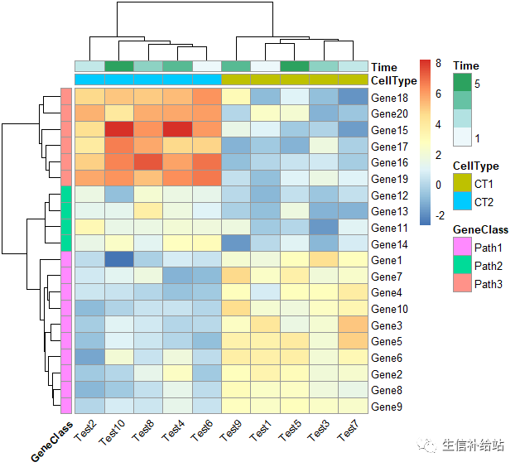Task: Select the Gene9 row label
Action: point(388,407)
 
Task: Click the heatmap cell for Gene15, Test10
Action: point(119,130)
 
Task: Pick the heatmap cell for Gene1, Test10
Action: point(119,260)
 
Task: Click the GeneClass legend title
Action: point(480,229)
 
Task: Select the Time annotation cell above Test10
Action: point(119,66)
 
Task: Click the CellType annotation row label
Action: point(394,79)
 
